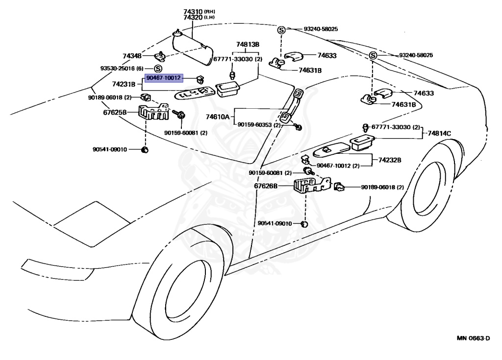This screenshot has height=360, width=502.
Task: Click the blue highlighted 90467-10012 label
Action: pyautogui.click(x=164, y=77)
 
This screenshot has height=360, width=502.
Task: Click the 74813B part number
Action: pyautogui.click(x=247, y=45)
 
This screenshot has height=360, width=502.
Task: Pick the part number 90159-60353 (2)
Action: pyautogui.click(x=259, y=125)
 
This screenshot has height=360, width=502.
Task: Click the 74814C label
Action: pyautogui.click(x=440, y=133)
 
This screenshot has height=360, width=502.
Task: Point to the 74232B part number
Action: pyautogui.click(x=390, y=160)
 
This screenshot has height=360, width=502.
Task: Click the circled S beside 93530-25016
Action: pyautogui.click(x=158, y=68)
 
